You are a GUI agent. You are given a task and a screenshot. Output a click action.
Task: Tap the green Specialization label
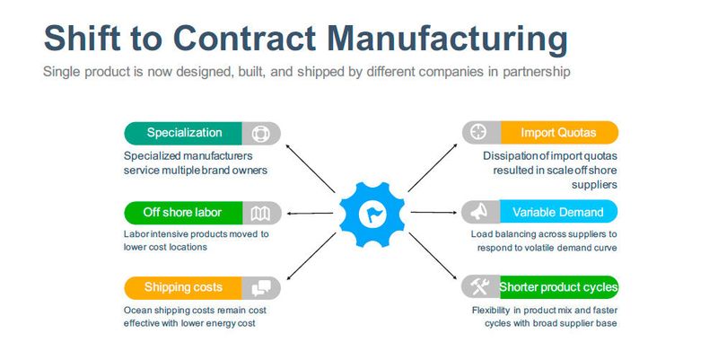[184, 133]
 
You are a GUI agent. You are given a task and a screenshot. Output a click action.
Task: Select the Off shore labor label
[182, 213]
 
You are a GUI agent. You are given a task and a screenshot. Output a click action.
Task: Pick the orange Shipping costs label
[184, 287]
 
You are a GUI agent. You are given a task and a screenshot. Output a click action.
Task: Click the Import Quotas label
[557, 133]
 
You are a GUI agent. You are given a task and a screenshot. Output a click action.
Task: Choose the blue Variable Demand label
[557, 213]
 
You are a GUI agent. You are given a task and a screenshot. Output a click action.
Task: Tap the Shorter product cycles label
[557, 287]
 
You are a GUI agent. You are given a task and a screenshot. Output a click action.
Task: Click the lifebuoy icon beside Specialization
[260, 133]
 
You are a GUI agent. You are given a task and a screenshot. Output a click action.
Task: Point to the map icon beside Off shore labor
[260, 213]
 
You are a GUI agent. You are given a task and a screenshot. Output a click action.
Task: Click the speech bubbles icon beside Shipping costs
[261, 287]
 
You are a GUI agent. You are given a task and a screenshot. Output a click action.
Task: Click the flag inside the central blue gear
[372, 214]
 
